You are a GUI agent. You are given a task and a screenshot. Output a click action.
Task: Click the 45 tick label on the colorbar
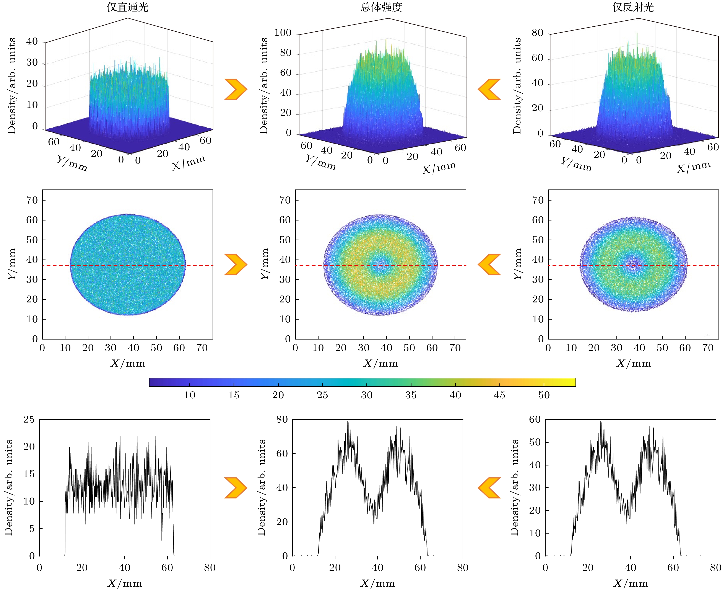tap(499, 395)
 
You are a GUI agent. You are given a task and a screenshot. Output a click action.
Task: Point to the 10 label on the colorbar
tap(190, 395)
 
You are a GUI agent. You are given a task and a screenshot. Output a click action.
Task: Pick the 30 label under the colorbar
tap(366, 395)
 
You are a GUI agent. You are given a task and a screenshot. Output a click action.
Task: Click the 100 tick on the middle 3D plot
tap(283, 33)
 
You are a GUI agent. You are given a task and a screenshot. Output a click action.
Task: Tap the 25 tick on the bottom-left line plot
tap(29, 420)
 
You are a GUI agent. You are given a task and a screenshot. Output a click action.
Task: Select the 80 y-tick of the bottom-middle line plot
tap(282, 420)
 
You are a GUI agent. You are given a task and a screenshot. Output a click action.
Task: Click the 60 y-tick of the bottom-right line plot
tap(535, 420)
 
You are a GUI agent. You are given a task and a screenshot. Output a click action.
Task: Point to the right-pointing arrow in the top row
tap(236, 89)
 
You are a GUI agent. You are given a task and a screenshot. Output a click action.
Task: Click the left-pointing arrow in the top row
tap(489, 89)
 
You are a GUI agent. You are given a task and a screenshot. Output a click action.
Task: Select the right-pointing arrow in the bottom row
tap(236, 488)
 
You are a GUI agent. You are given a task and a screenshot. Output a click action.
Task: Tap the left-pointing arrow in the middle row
tap(489, 264)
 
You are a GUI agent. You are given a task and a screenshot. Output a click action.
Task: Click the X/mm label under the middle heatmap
tap(381, 364)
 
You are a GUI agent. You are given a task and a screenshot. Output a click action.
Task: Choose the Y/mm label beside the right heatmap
tap(517, 264)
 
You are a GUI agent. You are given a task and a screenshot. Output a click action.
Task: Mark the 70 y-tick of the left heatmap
tap(32, 200)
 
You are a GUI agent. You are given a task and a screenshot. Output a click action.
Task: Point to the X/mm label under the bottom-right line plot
tap(630, 583)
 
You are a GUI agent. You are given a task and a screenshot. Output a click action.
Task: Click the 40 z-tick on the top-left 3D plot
tap(32, 42)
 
